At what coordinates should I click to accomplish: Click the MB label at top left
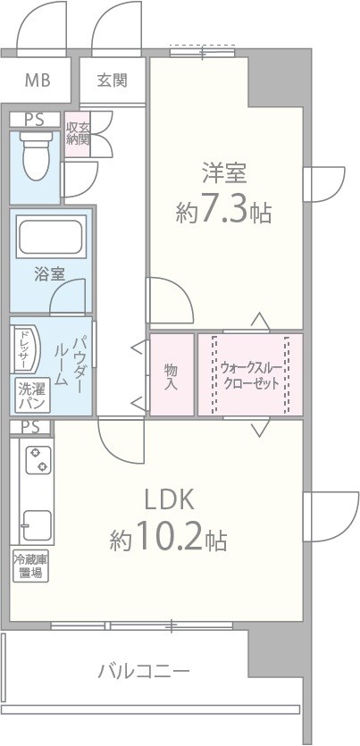coord(37,81)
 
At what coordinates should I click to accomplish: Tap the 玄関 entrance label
coord(112,80)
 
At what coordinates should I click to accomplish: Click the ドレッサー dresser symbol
coord(22,348)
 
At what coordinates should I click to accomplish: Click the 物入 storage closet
coord(171,374)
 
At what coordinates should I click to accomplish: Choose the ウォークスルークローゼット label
coord(250,374)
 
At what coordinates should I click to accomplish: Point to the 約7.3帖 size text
coord(223,212)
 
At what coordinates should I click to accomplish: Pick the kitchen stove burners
coord(38,460)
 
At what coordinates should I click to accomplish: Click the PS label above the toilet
coord(34,119)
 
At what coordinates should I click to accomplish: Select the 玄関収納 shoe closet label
coord(78,133)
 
